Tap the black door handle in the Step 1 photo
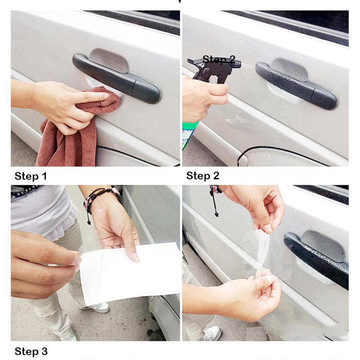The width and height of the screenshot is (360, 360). (116, 78)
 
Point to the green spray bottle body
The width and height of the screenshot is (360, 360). (188, 135)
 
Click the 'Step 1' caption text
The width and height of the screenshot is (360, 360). (31, 176)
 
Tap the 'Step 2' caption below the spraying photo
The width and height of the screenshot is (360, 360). (203, 176)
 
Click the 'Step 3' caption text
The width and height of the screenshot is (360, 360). (31, 351)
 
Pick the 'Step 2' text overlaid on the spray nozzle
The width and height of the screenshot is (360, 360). (219, 59)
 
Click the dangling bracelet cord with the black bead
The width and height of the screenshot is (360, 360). (215, 202)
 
